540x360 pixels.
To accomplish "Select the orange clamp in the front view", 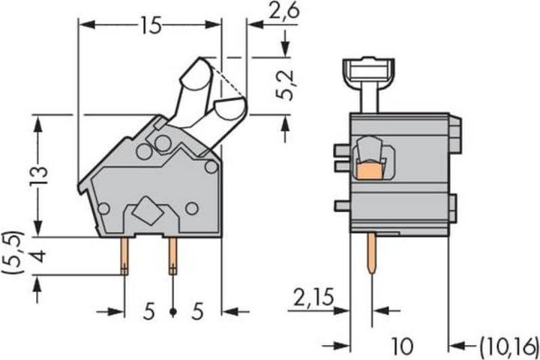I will [368, 172].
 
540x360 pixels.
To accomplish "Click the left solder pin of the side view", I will [124, 255].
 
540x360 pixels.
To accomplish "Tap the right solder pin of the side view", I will [173, 255].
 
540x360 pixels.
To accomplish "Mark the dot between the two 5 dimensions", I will [173, 311].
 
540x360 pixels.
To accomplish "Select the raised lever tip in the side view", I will [195, 73].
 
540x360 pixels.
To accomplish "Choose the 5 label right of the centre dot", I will [198, 311].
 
